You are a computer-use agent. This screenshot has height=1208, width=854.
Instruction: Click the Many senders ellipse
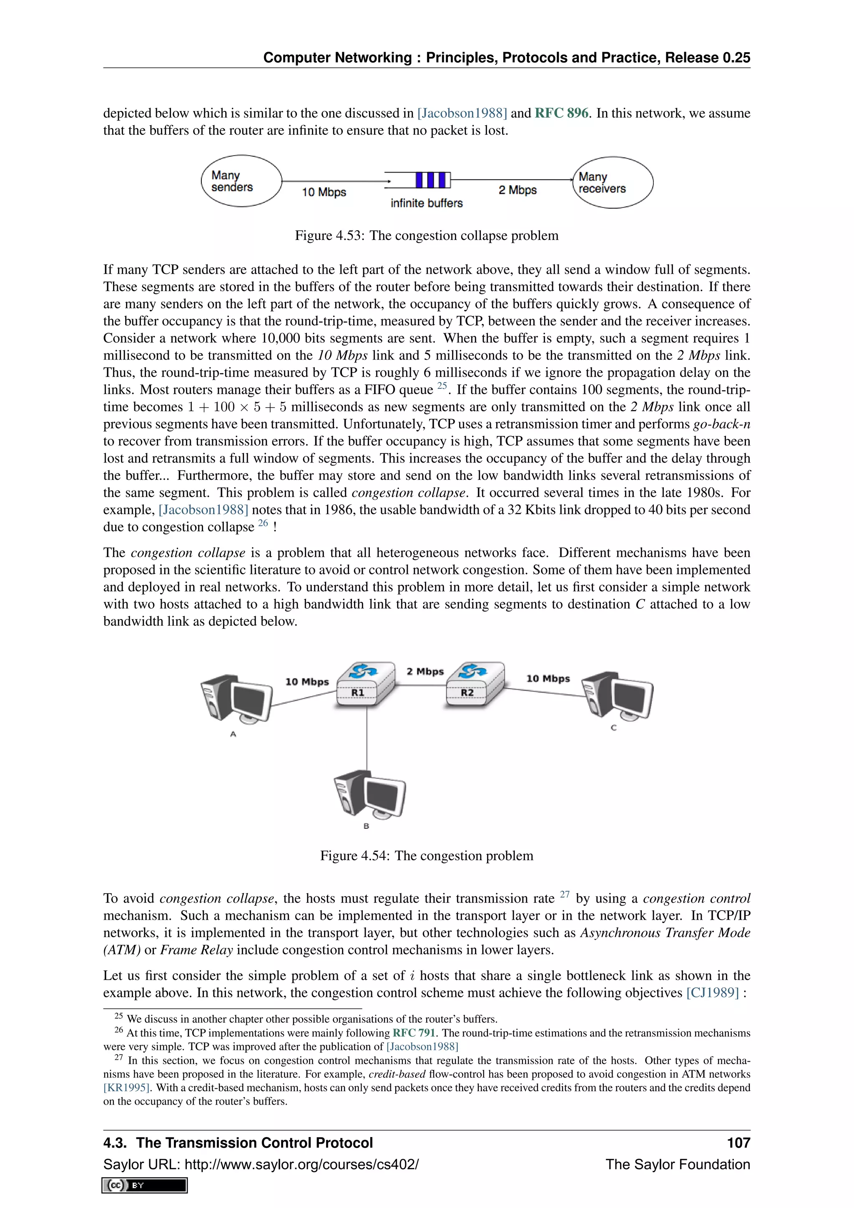[241, 181]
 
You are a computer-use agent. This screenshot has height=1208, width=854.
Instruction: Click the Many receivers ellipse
[613, 183]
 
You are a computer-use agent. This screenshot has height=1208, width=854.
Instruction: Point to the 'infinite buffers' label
[427, 204]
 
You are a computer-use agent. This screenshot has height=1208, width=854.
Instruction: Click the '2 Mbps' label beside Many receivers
[517, 191]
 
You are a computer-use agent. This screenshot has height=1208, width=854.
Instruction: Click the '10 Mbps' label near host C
[548, 679]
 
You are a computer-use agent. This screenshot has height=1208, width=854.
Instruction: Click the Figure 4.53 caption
[427, 236]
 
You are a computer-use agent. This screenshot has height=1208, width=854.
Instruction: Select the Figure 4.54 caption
[427, 856]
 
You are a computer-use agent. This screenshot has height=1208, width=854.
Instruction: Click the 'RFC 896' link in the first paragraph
[561, 113]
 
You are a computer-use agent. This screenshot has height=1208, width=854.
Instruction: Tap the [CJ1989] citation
[713, 993]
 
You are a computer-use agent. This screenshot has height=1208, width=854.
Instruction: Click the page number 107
[738, 1143]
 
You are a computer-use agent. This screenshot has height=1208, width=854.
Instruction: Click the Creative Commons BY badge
[145, 1185]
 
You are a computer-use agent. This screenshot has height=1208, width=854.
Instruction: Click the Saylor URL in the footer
[261, 1164]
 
